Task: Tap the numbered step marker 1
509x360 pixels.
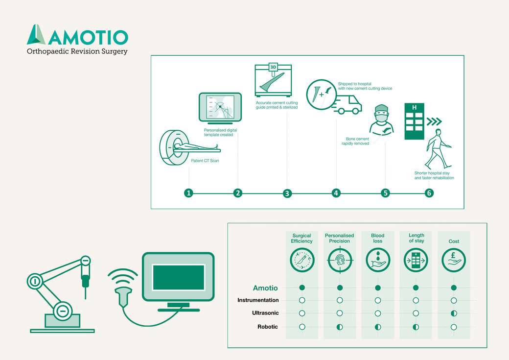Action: tap(188, 193)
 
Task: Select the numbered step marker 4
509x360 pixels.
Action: tap(336, 193)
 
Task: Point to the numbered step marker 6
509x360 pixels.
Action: tap(429, 193)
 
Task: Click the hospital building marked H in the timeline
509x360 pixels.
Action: tap(414, 121)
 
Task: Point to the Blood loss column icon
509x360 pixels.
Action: tap(378, 260)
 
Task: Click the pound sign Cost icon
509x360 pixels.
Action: tap(454, 260)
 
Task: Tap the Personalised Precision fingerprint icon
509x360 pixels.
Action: tap(340, 260)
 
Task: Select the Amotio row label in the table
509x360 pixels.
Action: tap(265, 288)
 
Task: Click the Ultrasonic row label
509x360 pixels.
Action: tap(265, 313)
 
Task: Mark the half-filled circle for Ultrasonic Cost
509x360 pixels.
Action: tap(454, 313)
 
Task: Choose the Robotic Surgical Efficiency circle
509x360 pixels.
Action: tap(302, 327)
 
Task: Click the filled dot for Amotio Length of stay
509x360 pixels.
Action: tap(416, 288)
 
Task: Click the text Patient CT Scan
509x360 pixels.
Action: tap(205, 161)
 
